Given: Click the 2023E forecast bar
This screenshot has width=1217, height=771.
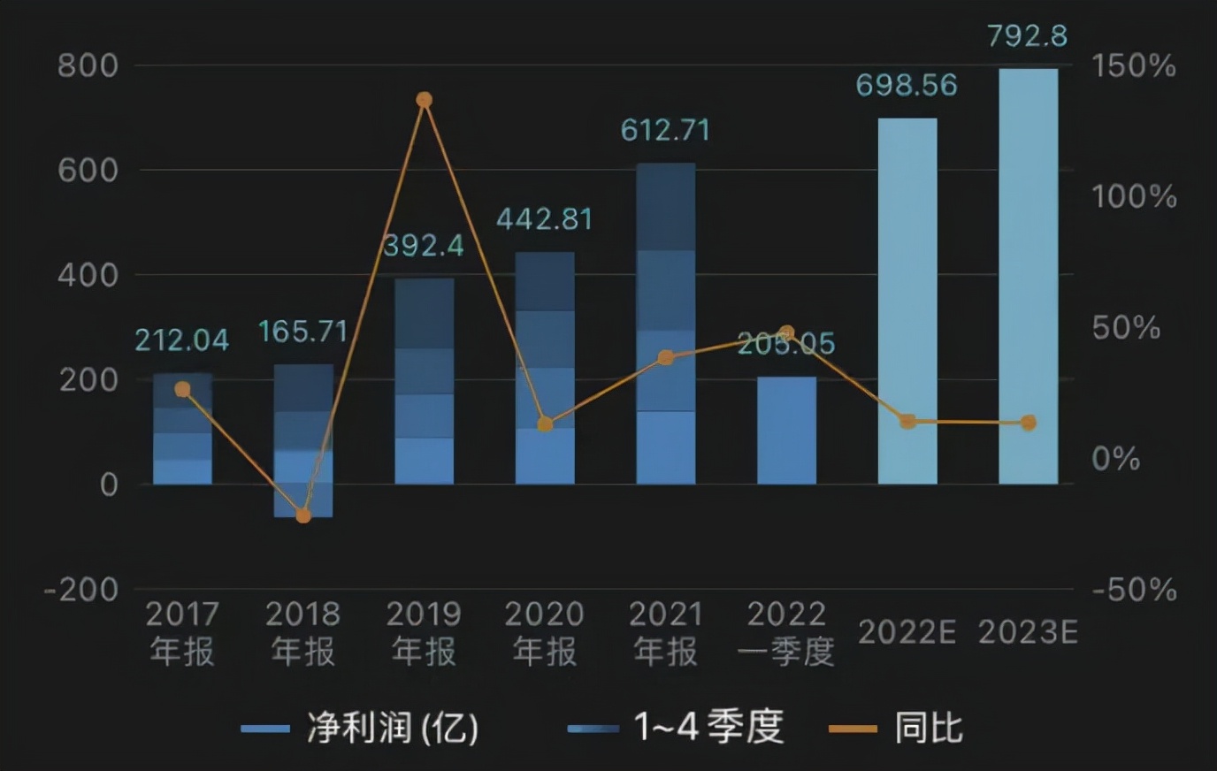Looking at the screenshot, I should [1028, 276].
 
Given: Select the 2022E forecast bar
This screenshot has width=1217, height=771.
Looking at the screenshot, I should [907, 301].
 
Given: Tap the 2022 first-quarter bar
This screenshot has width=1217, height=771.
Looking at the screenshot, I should [786, 431].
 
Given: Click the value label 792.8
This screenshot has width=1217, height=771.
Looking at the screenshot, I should [1027, 36].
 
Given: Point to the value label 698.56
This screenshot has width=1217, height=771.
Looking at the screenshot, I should [907, 85].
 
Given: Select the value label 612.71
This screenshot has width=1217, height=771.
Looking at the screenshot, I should [665, 131].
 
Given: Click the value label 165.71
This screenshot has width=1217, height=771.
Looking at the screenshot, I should [302, 332].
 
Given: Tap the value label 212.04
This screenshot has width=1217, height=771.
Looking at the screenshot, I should [182, 340].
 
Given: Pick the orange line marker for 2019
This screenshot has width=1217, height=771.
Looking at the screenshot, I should [425, 100].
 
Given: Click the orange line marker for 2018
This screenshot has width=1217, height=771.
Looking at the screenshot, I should [303, 515].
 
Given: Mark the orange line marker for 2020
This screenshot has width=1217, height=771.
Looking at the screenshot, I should [545, 424].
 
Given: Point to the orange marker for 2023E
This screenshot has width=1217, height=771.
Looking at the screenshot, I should [1028, 423].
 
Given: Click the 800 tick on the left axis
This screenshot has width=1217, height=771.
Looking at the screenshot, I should [88, 65].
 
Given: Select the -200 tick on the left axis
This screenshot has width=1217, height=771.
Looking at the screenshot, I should [80, 590].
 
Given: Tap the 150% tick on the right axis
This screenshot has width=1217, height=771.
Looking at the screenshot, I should [1133, 65].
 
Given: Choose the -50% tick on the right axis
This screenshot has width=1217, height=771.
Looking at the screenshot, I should [1134, 590].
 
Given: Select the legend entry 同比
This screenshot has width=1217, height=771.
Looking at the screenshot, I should [928, 729].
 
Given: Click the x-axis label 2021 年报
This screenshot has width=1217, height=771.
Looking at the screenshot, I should [665, 632].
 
